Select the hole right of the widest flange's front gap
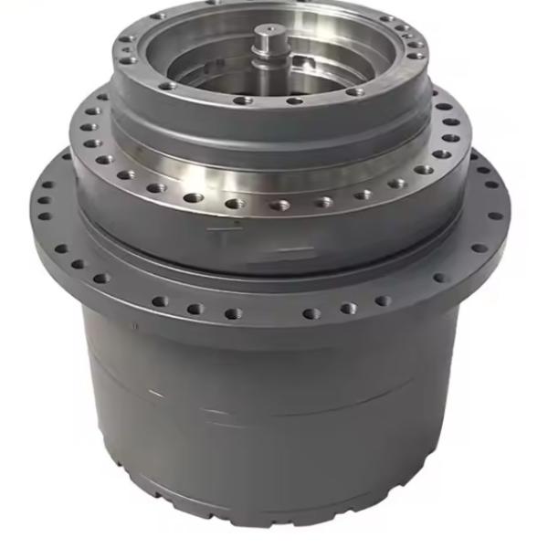click(311, 312)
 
